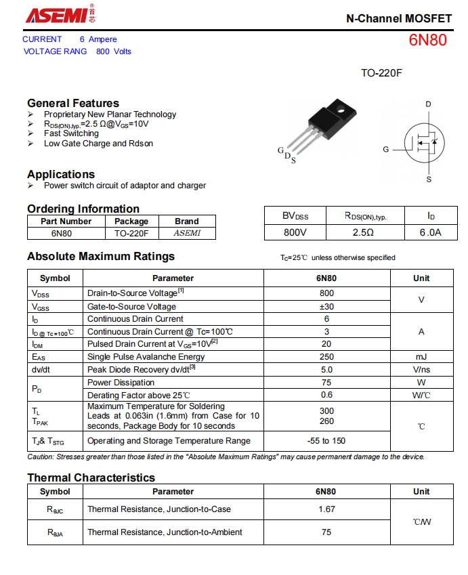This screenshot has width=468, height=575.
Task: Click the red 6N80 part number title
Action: (427, 40)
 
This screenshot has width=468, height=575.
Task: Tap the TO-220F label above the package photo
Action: (381, 72)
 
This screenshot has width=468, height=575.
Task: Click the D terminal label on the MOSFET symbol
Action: (428, 104)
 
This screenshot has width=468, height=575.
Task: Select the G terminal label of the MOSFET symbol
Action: (386, 149)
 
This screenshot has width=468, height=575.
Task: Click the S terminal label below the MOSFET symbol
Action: (429, 179)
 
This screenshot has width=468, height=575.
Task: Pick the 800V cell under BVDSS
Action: (295, 232)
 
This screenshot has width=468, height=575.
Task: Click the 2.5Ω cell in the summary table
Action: (364, 232)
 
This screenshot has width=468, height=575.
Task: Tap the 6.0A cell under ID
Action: (431, 232)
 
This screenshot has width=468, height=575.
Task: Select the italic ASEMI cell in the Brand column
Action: (187, 233)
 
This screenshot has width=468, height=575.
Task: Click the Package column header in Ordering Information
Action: (131, 221)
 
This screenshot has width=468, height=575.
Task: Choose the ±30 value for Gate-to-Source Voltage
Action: (326, 306)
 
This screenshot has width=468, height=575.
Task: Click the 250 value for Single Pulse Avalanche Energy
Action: (326, 357)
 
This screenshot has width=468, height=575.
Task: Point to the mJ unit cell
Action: (421, 357)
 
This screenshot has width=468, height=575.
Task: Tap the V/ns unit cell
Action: (421, 370)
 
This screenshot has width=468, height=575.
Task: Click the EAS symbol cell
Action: (39, 357)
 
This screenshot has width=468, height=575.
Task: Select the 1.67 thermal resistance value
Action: (326, 509)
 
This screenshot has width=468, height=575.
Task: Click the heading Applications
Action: (61, 174)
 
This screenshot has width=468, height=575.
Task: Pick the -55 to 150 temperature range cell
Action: (326, 441)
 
